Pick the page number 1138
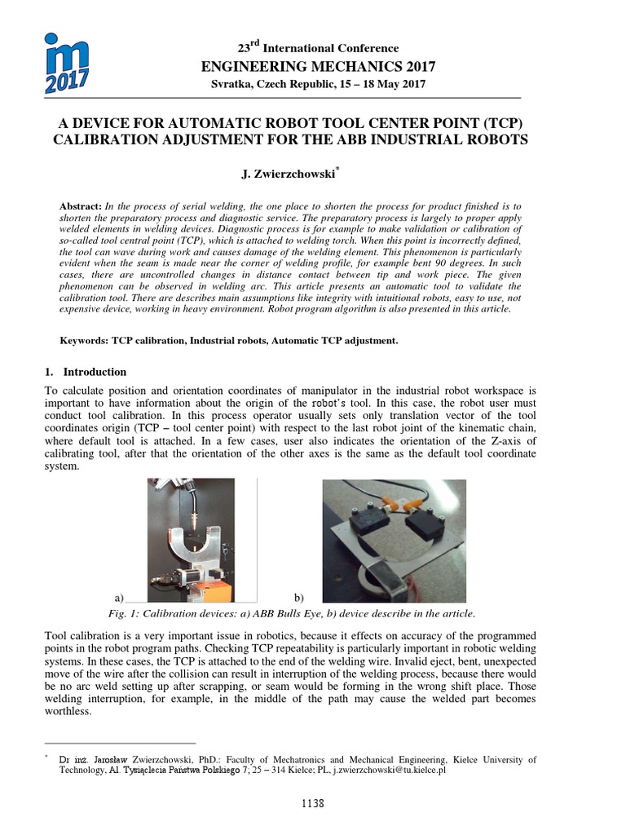(312, 803)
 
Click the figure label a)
(119, 598)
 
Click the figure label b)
(298, 598)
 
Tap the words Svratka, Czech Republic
(254, 86)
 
